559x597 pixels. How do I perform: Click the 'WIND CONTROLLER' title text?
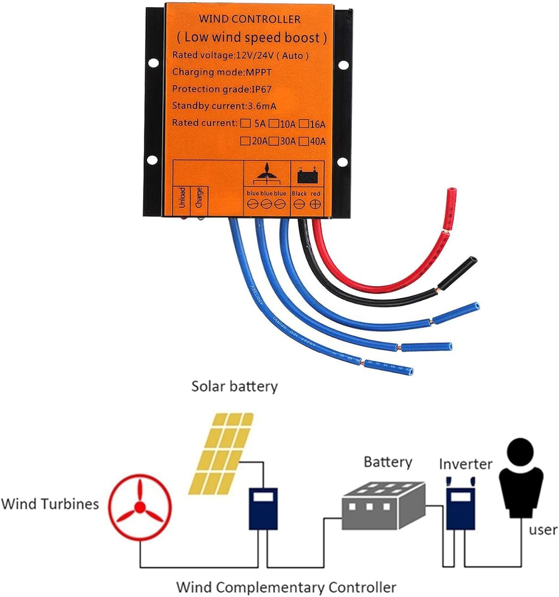(x=250, y=19)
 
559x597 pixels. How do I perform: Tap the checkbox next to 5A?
(x=246, y=123)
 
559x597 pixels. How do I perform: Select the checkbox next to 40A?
(x=304, y=140)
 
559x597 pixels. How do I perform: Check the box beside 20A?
(x=246, y=140)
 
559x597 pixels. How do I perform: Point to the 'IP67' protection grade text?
(x=261, y=89)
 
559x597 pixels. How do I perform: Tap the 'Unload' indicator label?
(x=182, y=198)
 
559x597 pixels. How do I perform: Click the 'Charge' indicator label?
(x=199, y=197)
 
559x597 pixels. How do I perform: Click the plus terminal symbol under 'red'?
(x=316, y=204)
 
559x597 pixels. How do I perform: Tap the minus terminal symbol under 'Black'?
(x=299, y=204)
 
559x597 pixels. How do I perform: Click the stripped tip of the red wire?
(x=452, y=195)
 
